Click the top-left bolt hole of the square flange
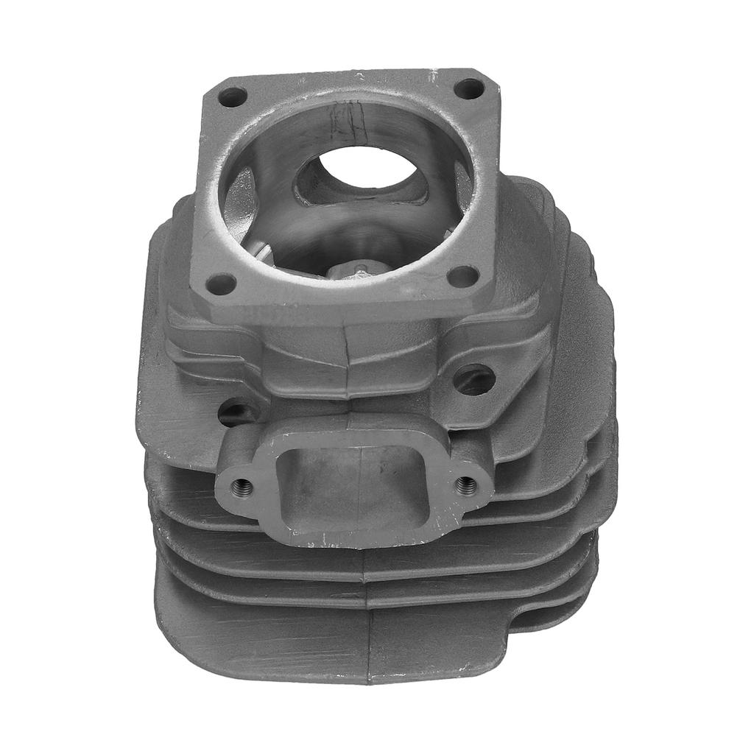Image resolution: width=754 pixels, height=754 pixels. [x=233, y=96]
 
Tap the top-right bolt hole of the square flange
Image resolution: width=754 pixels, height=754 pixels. [x=468, y=89]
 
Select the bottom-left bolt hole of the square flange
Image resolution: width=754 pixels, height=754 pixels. [x=220, y=283]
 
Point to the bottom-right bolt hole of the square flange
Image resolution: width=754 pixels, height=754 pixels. [x=463, y=276]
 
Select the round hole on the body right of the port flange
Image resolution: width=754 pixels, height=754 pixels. [x=474, y=379]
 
